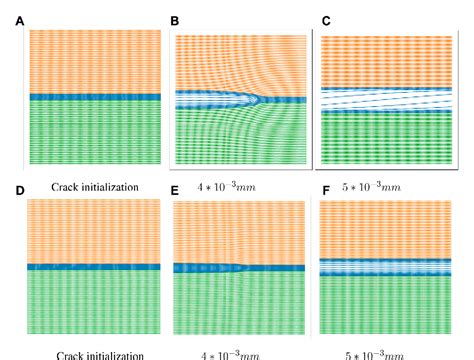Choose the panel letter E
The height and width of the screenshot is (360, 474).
(x=174, y=191)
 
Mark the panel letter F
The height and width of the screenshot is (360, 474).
(x=326, y=191)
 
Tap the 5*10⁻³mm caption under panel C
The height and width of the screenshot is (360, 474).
(x=388, y=186)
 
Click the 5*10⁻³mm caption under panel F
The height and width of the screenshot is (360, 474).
(x=388, y=354)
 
